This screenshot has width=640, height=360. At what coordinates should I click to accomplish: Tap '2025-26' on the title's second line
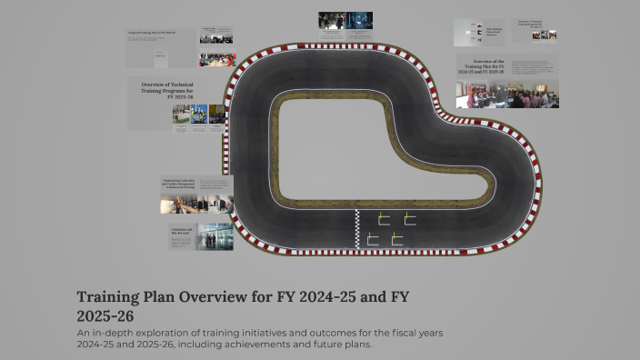click(106, 316)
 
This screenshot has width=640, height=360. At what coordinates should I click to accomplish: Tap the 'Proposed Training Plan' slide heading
click(153, 33)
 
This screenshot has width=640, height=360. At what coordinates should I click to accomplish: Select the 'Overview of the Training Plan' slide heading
click(482, 68)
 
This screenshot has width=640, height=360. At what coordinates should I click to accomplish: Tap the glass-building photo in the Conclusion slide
click(215, 236)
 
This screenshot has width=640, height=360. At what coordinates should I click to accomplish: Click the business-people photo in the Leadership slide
click(196, 203)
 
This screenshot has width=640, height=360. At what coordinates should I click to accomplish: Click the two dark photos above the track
click(346, 21)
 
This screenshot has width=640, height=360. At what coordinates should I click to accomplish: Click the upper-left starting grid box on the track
click(384, 218)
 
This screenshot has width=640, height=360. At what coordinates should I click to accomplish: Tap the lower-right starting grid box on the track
click(397, 238)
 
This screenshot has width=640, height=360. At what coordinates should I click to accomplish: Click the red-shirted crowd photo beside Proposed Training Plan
click(217, 59)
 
